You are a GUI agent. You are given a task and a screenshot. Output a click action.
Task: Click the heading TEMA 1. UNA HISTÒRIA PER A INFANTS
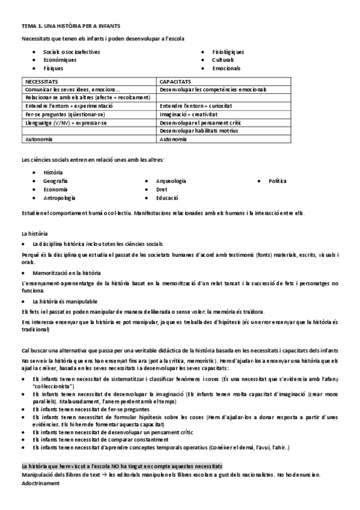pos(70,26)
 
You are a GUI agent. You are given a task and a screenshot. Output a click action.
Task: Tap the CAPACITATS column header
pos(175,81)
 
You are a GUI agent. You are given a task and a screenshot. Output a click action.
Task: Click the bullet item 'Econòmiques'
pos(59,60)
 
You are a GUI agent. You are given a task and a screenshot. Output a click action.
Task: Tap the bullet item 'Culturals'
pos(223,60)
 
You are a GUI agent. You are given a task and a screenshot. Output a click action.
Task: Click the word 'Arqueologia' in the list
pos(171,180)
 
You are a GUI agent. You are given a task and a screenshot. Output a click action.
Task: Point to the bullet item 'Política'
pos(278,180)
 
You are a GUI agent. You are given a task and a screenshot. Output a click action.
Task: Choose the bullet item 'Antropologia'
pos(59,197)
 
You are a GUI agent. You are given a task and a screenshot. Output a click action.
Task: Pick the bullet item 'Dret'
pos(162,189)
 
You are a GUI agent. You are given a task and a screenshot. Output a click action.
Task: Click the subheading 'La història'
pos(35,233)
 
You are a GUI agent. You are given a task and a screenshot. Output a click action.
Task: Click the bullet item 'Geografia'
pos(55,180)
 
